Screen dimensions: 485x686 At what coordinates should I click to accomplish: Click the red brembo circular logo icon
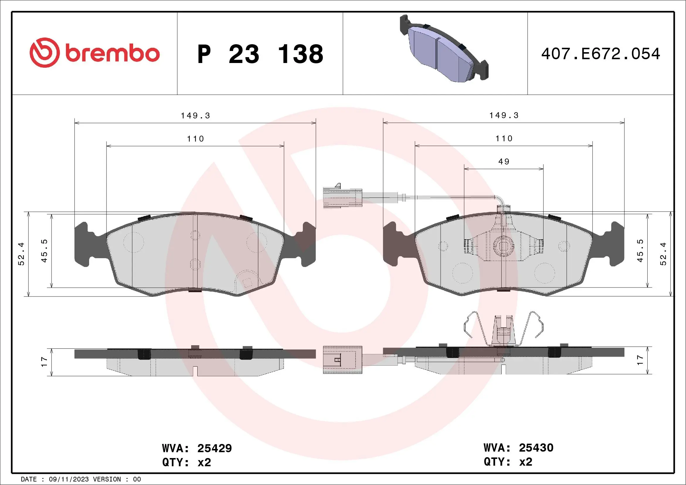44,52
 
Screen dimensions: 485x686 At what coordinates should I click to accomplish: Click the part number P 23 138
260,54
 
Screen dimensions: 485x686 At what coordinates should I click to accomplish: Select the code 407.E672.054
600,54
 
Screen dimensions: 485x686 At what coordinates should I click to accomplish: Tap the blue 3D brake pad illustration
444,49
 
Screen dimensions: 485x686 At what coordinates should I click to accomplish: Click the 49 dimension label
504,161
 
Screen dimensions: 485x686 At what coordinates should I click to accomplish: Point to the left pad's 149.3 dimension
196,115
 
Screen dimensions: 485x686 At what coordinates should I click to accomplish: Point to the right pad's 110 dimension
504,139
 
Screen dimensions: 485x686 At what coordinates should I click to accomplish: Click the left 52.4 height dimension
21,254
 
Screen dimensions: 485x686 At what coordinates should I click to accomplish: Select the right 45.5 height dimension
640,251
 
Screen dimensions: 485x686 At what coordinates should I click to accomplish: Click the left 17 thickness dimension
44,362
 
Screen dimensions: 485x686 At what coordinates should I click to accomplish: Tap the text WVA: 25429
197,448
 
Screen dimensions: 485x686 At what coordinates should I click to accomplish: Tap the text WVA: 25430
518,448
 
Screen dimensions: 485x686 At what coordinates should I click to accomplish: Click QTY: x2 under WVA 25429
187,462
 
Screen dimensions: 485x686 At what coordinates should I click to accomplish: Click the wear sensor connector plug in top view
342,198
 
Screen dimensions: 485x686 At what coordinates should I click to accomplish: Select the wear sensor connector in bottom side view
342,360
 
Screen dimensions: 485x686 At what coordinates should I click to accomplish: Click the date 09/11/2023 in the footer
69,479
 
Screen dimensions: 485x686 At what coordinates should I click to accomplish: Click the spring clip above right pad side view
503,329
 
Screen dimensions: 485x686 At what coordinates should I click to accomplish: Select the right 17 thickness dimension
640,360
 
